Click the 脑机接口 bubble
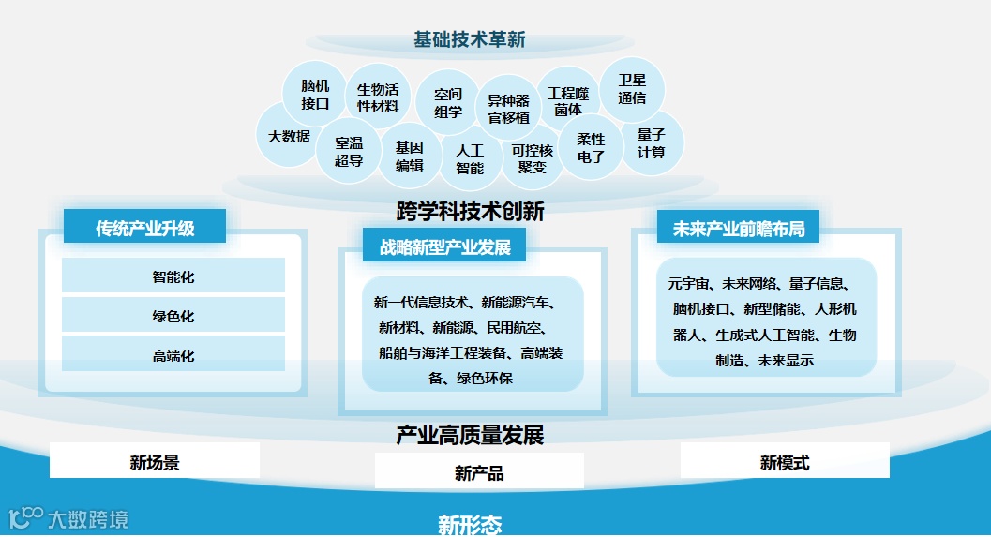click(x=314, y=94)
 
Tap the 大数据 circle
click(x=289, y=136)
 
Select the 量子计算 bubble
click(x=652, y=143)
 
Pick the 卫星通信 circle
click(x=632, y=89)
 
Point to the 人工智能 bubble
click(x=470, y=158)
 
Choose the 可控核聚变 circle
click(x=533, y=158)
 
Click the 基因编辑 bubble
click(x=410, y=156)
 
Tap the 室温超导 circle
click(x=349, y=151)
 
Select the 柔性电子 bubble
click(x=591, y=148)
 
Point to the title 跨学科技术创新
click(x=470, y=211)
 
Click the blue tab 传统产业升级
click(x=144, y=228)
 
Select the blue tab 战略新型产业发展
click(x=444, y=247)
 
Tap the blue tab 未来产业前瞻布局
click(x=739, y=228)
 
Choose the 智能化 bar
click(x=173, y=276)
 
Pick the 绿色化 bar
click(x=173, y=316)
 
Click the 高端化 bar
click(x=173, y=355)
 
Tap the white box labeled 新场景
click(x=155, y=461)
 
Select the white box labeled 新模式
click(x=785, y=461)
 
